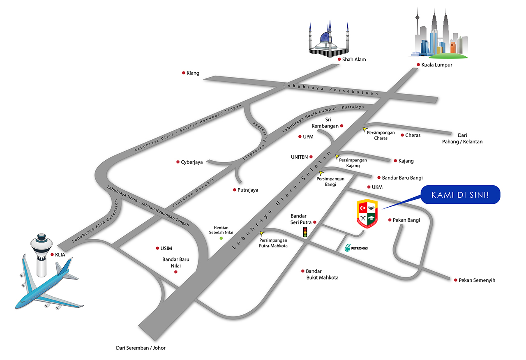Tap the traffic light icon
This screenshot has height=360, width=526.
(x=305, y=233)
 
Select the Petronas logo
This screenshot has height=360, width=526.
(x=356, y=248)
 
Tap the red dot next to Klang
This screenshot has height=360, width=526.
(x=184, y=73)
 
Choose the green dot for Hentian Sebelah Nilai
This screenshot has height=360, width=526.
(x=221, y=238)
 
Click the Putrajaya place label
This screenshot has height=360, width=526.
(x=248, y=190)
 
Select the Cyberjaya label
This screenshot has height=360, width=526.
(x=192, y=162)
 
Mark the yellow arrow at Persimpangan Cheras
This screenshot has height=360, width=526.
(x=364, y=129)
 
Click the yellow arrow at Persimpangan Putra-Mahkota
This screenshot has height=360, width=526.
(x=262, y=234)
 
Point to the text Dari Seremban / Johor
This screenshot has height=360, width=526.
(x=141, y=348)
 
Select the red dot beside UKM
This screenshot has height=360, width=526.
(x=369, y=187)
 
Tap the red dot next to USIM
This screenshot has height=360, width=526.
(x=157, y=248)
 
